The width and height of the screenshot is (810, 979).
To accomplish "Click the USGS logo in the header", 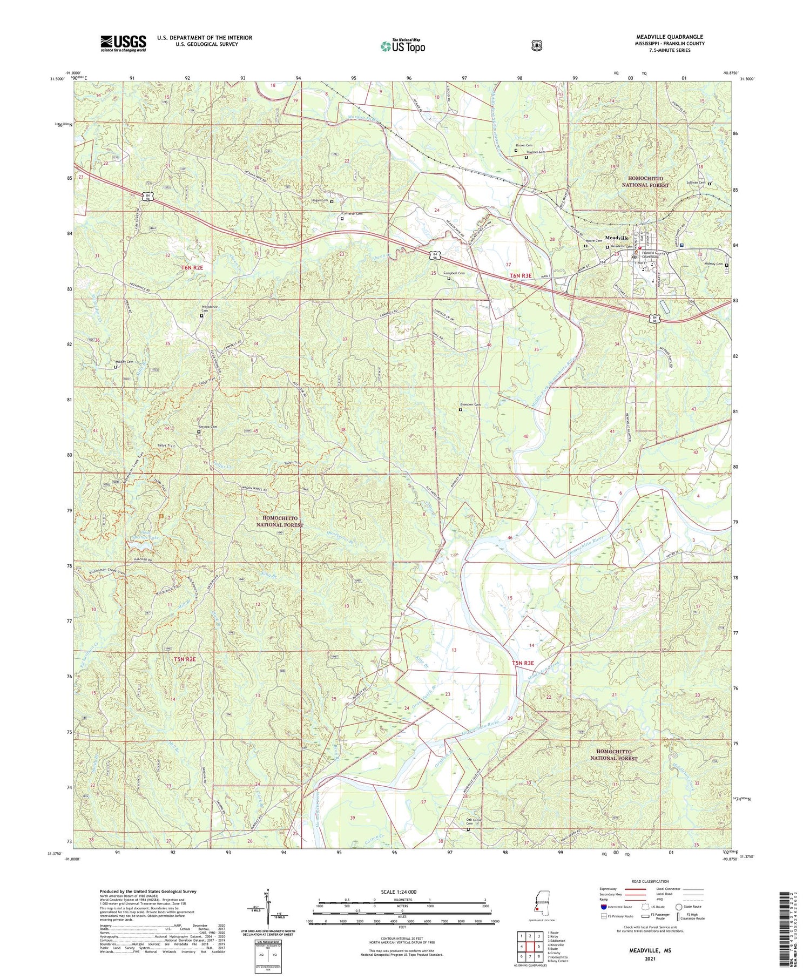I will (x=123, y=43).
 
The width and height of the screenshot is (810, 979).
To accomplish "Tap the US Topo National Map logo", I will (x=402, y=46).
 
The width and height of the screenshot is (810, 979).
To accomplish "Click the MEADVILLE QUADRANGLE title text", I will (x=669, y=37).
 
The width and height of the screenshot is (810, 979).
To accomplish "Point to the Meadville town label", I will (x=616, y=238).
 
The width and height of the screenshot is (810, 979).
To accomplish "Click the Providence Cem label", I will (x=210, y=309).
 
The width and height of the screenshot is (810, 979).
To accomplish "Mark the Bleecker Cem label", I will (x=470, y=404).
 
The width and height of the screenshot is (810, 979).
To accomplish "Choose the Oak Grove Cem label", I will (x=474, y=822).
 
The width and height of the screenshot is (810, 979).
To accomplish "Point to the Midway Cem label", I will (x=712, y=264).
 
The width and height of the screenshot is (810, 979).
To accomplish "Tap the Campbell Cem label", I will (x=454, y=273).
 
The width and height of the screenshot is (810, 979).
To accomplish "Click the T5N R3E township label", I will (x=523, y=663).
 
